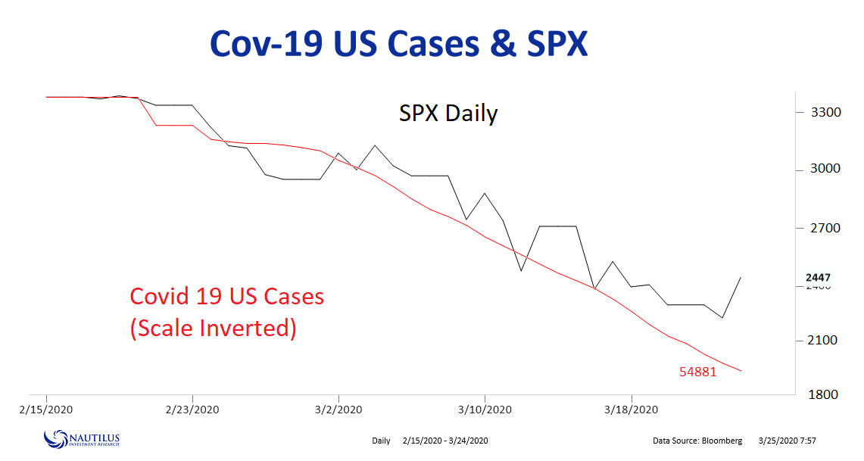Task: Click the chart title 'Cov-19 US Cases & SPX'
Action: point(398,44)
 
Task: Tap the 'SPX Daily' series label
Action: point(448,114)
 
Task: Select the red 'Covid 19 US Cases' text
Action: point(227,296)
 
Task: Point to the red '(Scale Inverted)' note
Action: point(213,329)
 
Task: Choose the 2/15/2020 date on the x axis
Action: point(47,410)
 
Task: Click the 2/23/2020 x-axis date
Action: point(192,410)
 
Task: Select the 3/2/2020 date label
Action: point(338,410)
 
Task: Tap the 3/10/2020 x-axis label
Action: point(485,410)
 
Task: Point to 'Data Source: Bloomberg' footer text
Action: point(697,441)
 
